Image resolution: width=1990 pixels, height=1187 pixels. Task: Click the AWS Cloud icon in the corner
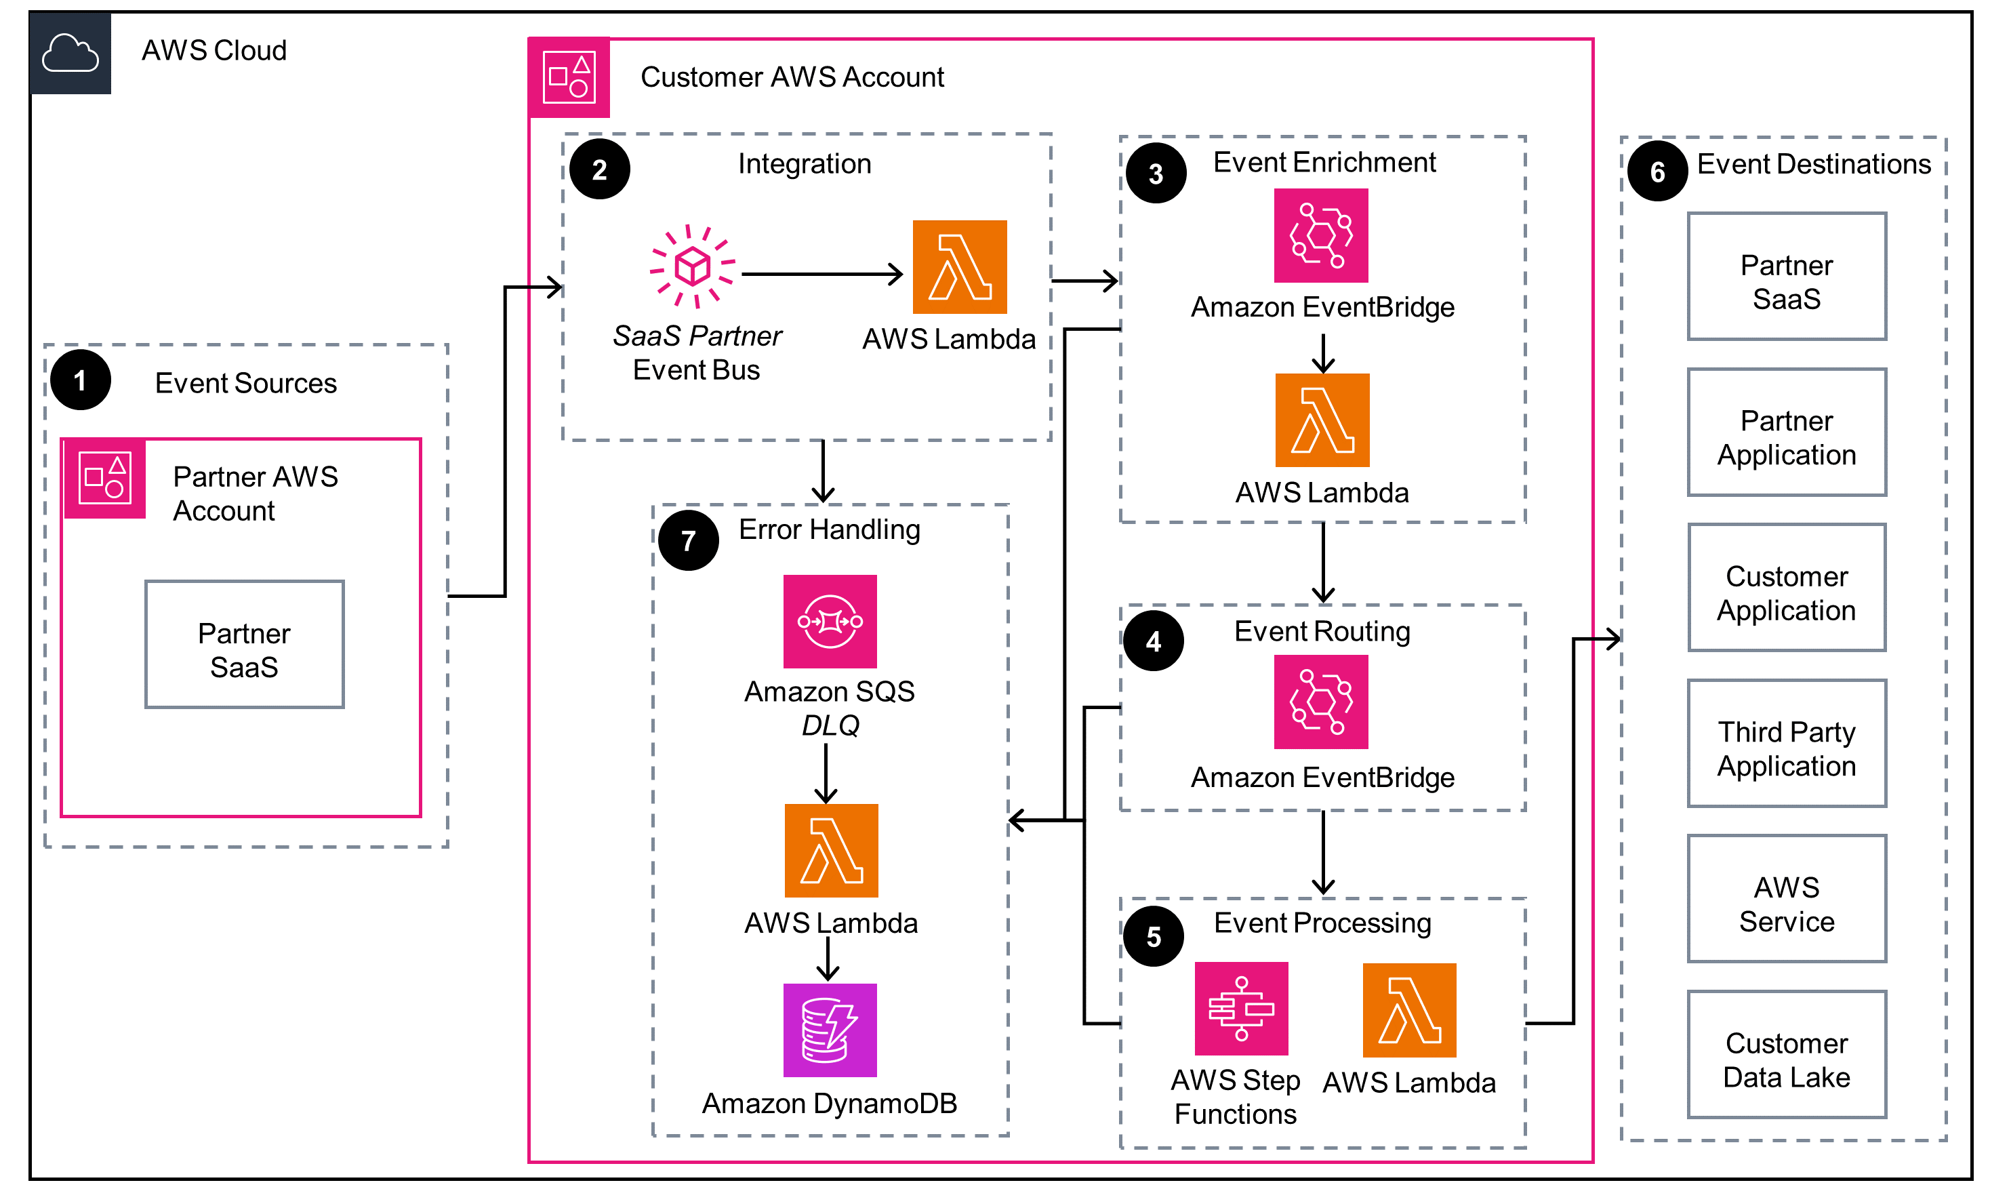(x=70, y=53)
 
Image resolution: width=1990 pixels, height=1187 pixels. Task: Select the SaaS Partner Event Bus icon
(x=693, y=266)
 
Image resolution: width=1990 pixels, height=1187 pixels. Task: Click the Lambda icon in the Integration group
(x=960, y=267)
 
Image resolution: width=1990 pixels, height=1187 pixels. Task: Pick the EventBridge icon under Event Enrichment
(x=1321, y=235)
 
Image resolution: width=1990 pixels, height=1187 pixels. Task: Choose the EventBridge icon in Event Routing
(x=1321, y=702)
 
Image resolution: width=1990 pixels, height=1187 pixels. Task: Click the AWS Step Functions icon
(x=1241, y=1008)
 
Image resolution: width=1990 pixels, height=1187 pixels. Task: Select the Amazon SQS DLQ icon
(x=830, y=622)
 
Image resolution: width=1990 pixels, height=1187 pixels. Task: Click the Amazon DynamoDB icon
(x=830, y=1030)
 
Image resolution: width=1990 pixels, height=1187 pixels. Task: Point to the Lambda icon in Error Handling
(x=831, y=850)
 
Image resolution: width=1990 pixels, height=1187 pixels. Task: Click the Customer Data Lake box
(x=1786, y=1054)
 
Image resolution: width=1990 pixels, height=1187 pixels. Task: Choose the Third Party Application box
(x=1786, y=743)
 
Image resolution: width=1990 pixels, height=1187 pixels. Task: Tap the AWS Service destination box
(x=1786, y=898)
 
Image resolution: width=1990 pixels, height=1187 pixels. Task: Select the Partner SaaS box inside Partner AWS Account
(x=245, y=645)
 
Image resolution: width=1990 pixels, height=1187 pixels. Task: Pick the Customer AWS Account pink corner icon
(x=569, y=77)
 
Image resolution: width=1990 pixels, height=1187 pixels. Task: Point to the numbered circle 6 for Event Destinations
(x=1657, y=172)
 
